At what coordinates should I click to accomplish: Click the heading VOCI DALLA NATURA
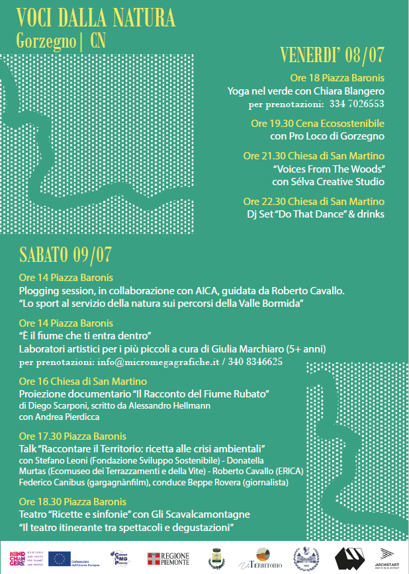(96, 16)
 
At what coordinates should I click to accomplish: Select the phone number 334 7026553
(356, 104)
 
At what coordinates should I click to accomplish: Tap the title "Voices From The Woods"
(328, 169)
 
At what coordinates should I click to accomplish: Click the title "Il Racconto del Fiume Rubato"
(203, 394)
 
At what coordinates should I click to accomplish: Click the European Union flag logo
(60, 559)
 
